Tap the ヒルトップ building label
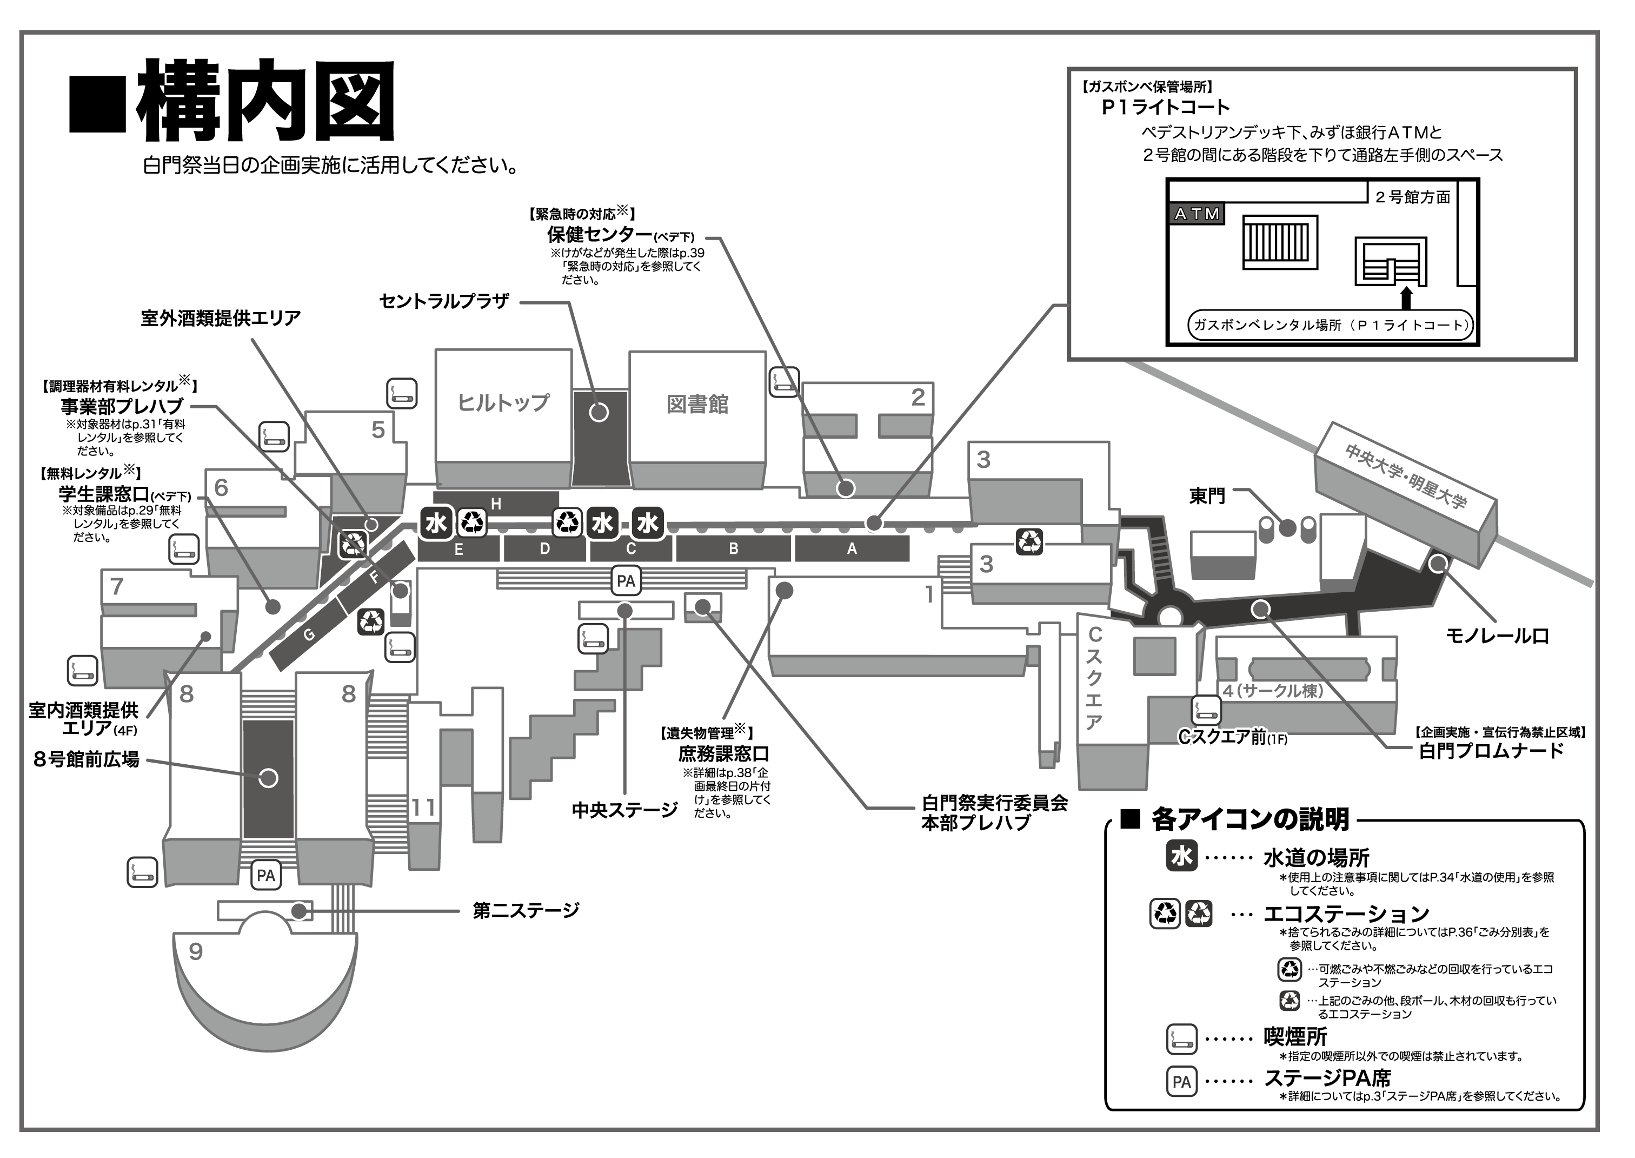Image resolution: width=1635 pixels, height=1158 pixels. tap(503, 403)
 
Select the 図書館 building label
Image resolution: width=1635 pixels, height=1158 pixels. tap(697, 405)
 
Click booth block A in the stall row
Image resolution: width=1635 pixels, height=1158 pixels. tap(852, 549)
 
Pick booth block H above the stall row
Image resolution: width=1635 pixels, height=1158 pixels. tap(496, 504)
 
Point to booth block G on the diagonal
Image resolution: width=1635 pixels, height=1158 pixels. tap(309, 636)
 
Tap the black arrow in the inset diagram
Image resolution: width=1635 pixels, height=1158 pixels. tap(1406, 297)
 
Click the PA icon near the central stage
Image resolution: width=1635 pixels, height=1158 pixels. tap(626, 581)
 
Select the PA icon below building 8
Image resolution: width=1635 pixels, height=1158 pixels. tap(266, 876)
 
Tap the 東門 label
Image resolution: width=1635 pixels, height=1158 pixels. tap(1207, 497)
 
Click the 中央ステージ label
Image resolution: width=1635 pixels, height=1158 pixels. tap(624, 810)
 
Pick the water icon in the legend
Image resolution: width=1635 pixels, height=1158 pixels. tap(1182, 856)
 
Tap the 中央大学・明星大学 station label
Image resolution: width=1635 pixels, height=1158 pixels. tap(1406, 475)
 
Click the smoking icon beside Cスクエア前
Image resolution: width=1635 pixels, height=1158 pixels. tap(1207, 710)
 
